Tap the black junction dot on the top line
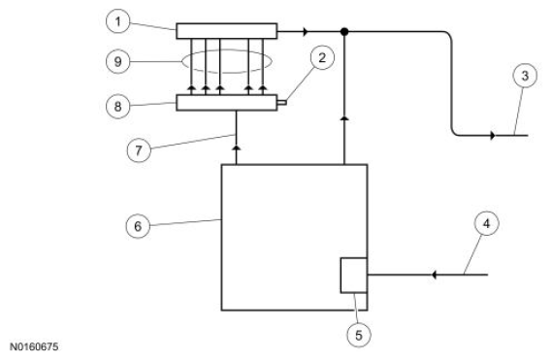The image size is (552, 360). coord(344,31)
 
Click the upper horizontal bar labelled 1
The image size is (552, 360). coord(226,31)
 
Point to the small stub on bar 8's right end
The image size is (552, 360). coord(279,101)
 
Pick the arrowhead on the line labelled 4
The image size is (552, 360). coord(435,276)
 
